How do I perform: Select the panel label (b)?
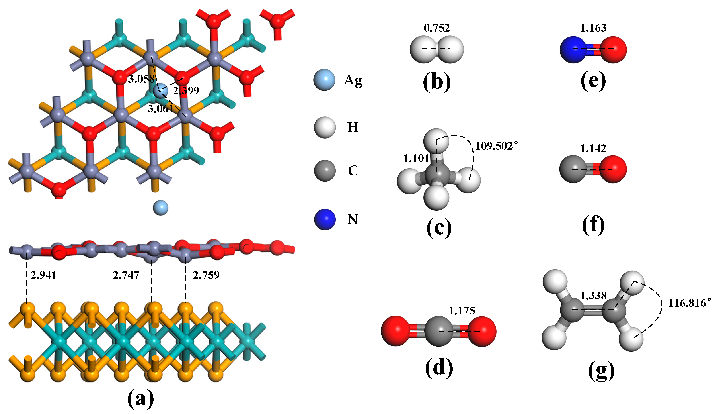tap(437, 82)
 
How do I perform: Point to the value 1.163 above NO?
tap(593, 28)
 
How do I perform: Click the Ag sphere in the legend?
tap(324, 80)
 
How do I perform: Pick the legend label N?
tap(353, 220)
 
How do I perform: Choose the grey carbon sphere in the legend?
tap(325, 171)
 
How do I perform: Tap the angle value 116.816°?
tap(689, 303)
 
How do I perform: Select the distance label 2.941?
tap(43, 275)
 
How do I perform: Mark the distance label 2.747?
tap(126, 275)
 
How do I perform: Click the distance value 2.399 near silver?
tap(186, 91)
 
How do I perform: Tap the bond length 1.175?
tap(462, 311)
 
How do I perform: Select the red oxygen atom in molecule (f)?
tap(613, 169)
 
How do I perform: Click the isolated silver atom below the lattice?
tap(160, 208)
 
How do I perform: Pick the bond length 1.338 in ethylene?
tap(593, 296)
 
